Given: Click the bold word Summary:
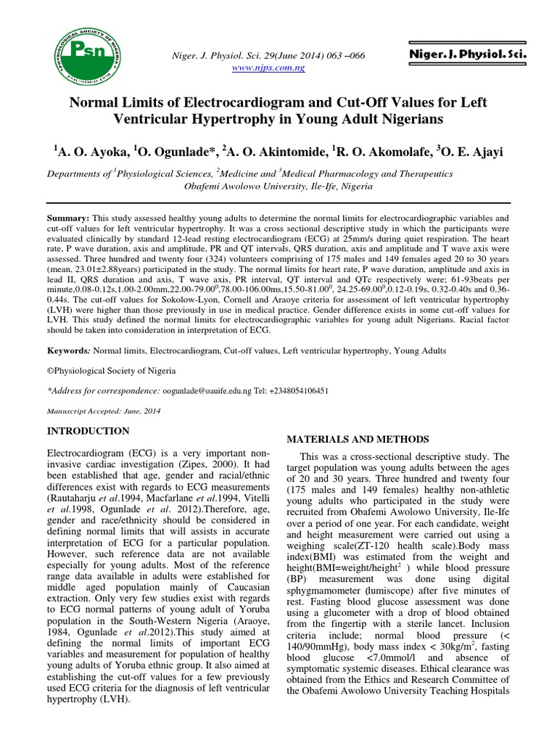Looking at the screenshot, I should tap(68, 218).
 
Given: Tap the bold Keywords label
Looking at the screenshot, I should tap(69, 350).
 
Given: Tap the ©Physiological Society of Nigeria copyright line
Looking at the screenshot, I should tap(111, 370).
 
